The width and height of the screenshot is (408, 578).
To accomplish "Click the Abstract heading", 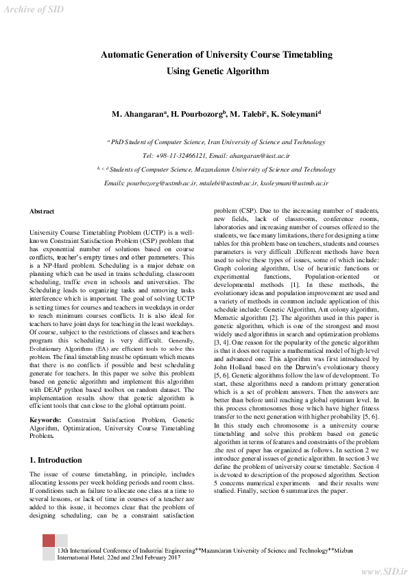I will pyautogui.click(x=42, y=211).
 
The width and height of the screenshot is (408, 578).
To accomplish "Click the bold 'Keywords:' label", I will pyautogui.click(x=45, y=418).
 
